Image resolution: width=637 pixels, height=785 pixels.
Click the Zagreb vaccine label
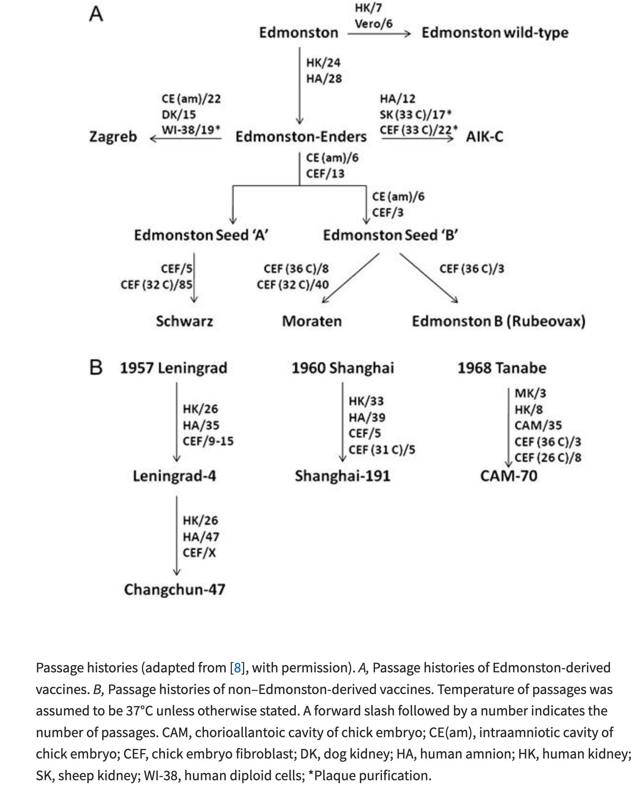tap(113, 137)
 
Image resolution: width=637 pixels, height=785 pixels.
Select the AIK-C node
tap(484, 137)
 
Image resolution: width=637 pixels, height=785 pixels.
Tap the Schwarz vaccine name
tap(184, 321)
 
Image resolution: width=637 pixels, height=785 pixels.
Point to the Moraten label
tap(312, 321)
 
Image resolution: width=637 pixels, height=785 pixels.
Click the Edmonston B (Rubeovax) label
tap(498, 321)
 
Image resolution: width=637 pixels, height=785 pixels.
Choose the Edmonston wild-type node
tap(495, 33)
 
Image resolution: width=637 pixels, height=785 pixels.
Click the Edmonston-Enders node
tap(301, 137)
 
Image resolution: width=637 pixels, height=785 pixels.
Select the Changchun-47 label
tap(175, 589)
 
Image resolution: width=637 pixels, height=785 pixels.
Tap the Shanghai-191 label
tap(342, 476)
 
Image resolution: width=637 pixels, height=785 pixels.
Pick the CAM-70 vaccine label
tap(509, 476)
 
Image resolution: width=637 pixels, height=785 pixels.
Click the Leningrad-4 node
tap(174, 476)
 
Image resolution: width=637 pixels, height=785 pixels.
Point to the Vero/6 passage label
tap(373, 24)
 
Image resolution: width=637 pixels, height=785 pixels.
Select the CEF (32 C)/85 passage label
tap(156, 285)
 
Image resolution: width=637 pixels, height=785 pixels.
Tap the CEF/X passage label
tap(199, 553)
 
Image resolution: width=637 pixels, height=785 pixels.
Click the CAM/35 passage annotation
tap(538, 425)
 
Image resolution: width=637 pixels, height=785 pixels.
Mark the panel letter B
tap(96, 368)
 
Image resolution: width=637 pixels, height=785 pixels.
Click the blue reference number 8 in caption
tap(237, 668)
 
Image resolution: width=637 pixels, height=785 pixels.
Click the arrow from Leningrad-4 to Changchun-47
tap(177, 535)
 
